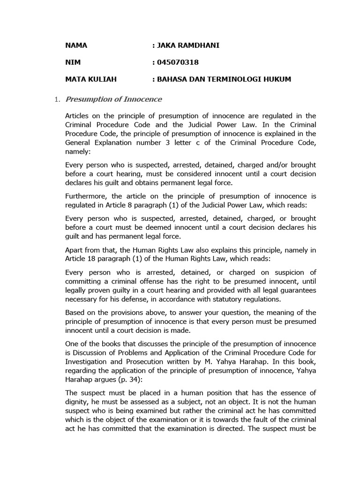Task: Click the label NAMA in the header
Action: pos(76,45)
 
